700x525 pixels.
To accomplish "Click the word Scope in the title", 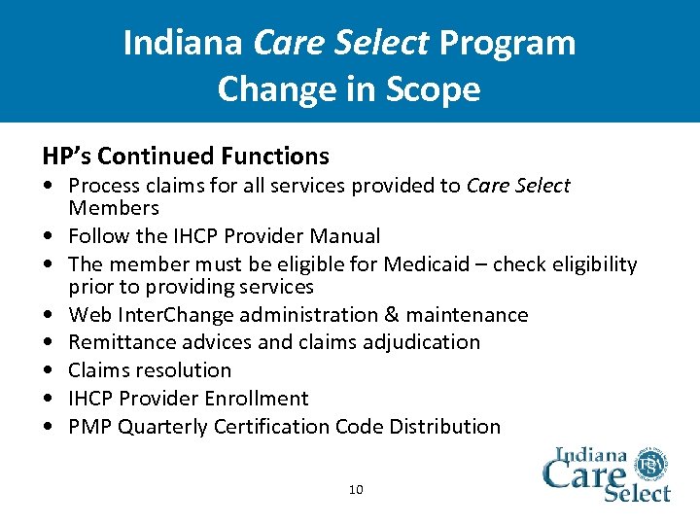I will pos(436,88).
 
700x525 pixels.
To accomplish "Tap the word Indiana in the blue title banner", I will pos(185,43).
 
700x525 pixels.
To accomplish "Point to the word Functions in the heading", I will pos(275,156).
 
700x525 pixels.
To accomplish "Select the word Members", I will pos(113,208).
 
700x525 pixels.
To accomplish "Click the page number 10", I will pos(356,489).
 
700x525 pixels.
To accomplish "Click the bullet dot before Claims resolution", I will pos(48,370).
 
